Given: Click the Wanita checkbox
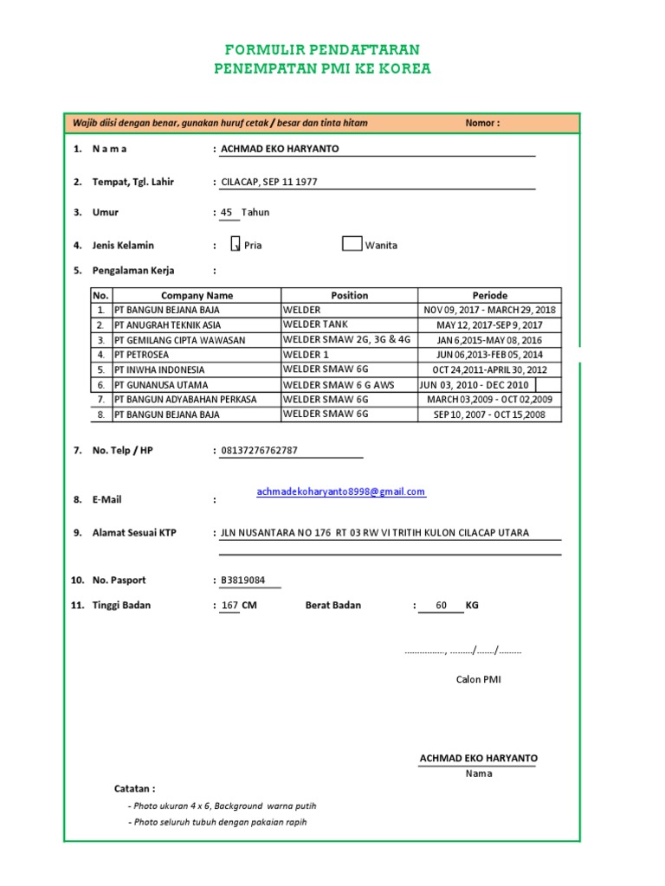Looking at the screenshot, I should click(x=352, y=243).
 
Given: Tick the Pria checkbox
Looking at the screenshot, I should click(x=235, y=244).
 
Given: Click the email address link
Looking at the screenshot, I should click(x=341, y=491).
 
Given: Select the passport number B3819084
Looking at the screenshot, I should click(x=243, y=581).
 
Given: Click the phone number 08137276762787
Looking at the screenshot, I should click(x=259, y=450).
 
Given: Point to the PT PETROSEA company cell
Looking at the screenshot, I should click(x=196, y=355).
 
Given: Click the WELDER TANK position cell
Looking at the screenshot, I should click(x=349, y=324).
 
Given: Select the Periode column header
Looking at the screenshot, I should click(x=489, y=295).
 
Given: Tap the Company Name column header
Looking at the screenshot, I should click(x=197, y=295).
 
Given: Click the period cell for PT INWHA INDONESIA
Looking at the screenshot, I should click(x=489, y=369).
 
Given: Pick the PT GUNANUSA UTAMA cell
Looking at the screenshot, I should click(x=196, y=384).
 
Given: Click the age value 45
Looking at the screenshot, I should click(x=227, y=212).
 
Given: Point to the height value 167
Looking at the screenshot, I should click(x=229, y=606).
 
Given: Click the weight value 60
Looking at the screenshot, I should click(x=442, y=606).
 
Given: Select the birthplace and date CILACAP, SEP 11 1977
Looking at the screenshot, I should click(x=269, y=183).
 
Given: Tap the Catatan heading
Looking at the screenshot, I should click(x=135, y=789).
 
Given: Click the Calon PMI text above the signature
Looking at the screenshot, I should click(x=478, y=679).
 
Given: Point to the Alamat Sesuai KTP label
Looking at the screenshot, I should click(x=133, y=533).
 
